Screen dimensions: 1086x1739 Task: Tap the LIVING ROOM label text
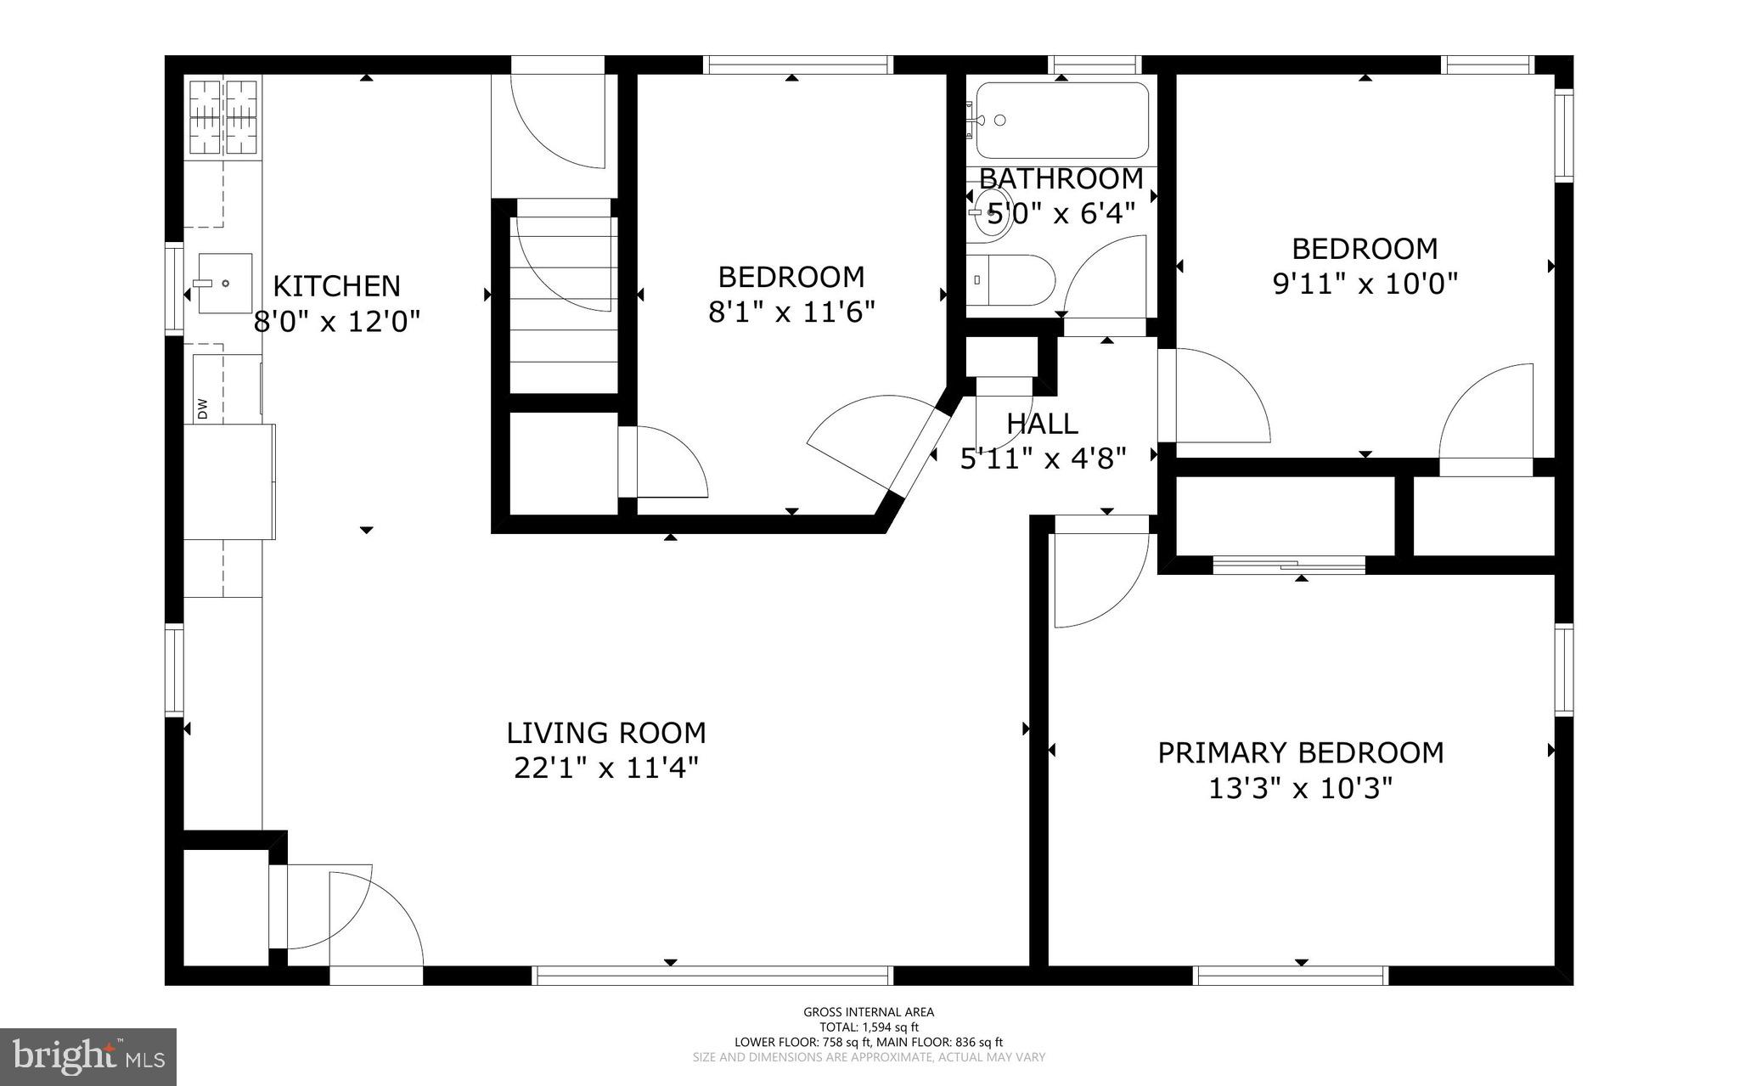tap(605, 733)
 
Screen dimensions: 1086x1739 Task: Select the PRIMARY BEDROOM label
tap(1300, 753)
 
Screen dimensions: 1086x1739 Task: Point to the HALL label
tap(1042, 424)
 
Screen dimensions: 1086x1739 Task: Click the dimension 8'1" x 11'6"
tap(791, 312)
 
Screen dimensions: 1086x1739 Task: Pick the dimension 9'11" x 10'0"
tap(1365, 284)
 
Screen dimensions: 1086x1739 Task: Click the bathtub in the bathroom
tap(1061, 121)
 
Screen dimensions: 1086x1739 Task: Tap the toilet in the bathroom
tap(1010, 279)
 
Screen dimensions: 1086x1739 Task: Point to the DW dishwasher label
tap(203, 409)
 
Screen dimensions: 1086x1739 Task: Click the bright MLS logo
tap(88, 1056)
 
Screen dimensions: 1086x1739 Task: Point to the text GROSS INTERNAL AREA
tap(869, 1011)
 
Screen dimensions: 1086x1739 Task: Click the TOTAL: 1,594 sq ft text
tap(869, 1027)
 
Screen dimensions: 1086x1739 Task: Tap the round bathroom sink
tap(988, 212)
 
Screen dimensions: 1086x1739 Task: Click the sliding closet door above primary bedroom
tap(1289, 564)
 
